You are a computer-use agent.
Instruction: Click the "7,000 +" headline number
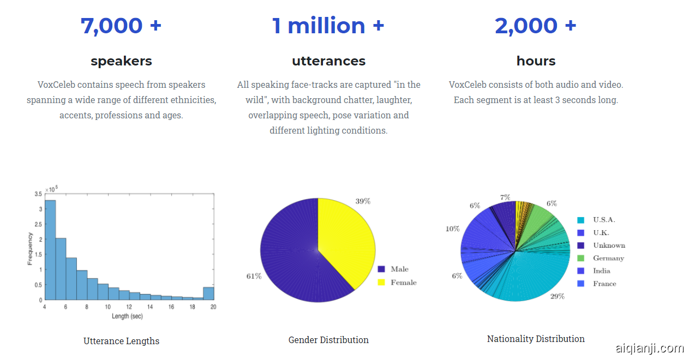click(x=121, y=26)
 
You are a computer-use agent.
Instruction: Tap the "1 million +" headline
click(x=328, y=26)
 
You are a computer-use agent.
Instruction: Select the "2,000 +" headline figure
click(x=535, y=26)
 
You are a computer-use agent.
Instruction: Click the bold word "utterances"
click(x=328, y=61)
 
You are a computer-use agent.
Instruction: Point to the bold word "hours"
click(x=536, y=61)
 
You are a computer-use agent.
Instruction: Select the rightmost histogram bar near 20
click(x=208, y=293)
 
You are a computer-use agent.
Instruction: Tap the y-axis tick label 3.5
click(x=38, y=194)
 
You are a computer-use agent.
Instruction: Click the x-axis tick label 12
click(x=129, y=307)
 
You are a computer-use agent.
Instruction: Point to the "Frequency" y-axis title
click(x=30, y=249)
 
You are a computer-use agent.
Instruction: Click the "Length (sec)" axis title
click(x=127, y=316)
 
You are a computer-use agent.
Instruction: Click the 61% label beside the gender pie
click(x=254, y=276)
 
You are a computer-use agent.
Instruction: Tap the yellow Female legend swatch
click(x=381, y=282)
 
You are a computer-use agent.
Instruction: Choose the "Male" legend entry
click(x=399, y=269)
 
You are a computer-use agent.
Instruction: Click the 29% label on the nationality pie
click(x=557, y=296)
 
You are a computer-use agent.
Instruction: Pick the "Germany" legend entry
click(x=608, y=258)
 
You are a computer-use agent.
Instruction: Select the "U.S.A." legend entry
click(x=604, y=220)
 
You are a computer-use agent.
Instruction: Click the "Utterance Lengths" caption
click(x=121, y=341)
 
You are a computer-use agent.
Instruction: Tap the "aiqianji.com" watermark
click(x=649, y=349)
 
